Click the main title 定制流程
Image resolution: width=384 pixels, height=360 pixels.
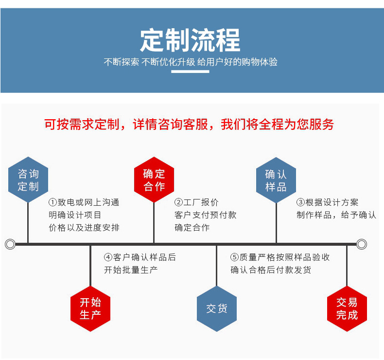coord(190,41)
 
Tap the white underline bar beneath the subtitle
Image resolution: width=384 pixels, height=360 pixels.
coord(190,72)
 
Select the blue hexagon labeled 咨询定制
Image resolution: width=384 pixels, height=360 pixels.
coord(28,180)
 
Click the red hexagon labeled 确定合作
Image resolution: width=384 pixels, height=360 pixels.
coord(154,180)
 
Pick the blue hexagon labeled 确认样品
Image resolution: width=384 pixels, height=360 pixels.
coord(276,180)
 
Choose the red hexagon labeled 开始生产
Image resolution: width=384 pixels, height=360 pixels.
coord(90,308)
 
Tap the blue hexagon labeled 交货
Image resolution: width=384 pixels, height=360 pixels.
coord(217,308)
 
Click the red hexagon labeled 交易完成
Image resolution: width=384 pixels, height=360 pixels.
coord(347,308)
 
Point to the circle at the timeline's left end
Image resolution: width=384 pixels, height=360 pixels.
coord(10,244)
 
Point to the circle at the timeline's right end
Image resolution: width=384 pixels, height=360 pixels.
coord(361,244)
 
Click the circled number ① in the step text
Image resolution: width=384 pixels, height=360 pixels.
coord(52,202)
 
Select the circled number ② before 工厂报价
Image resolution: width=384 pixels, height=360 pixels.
coord(179,202)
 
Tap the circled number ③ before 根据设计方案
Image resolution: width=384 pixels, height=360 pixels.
coord(301,202)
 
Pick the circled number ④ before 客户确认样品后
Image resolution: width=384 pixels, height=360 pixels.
coord(108,257)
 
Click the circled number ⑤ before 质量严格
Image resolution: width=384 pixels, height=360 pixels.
coord(235,257)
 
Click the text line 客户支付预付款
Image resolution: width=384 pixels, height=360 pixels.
coord(205,215)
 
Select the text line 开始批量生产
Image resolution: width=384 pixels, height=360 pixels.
coord(131,270)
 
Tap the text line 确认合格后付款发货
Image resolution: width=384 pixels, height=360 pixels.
coord(271,270)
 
